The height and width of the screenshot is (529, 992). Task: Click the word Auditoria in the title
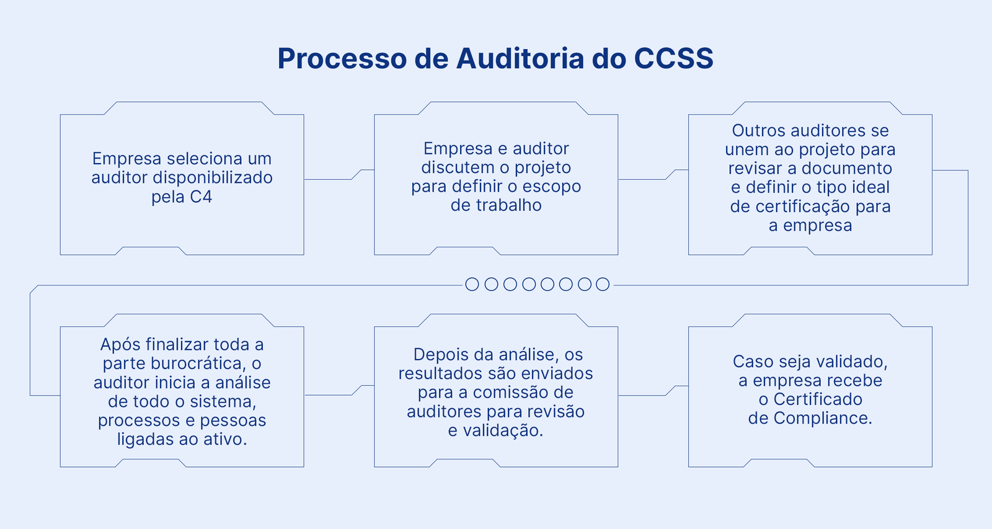[x=520, y=58]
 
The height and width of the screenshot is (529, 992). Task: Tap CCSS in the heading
[x=673, y=58]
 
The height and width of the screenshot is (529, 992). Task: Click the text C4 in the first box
[x=201, y=197]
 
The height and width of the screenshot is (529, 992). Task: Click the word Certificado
[x=818, y=399]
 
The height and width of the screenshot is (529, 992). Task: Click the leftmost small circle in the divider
[x=472, y=285]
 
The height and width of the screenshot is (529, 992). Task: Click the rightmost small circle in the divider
[x=603, y=285]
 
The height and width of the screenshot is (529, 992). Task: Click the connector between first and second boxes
[x=329, y=179]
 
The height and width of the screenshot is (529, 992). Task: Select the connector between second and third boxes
[x=642, y=179]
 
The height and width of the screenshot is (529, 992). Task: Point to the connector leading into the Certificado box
[x=642, y=395]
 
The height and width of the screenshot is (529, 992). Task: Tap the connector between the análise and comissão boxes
[x=329, y=395]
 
